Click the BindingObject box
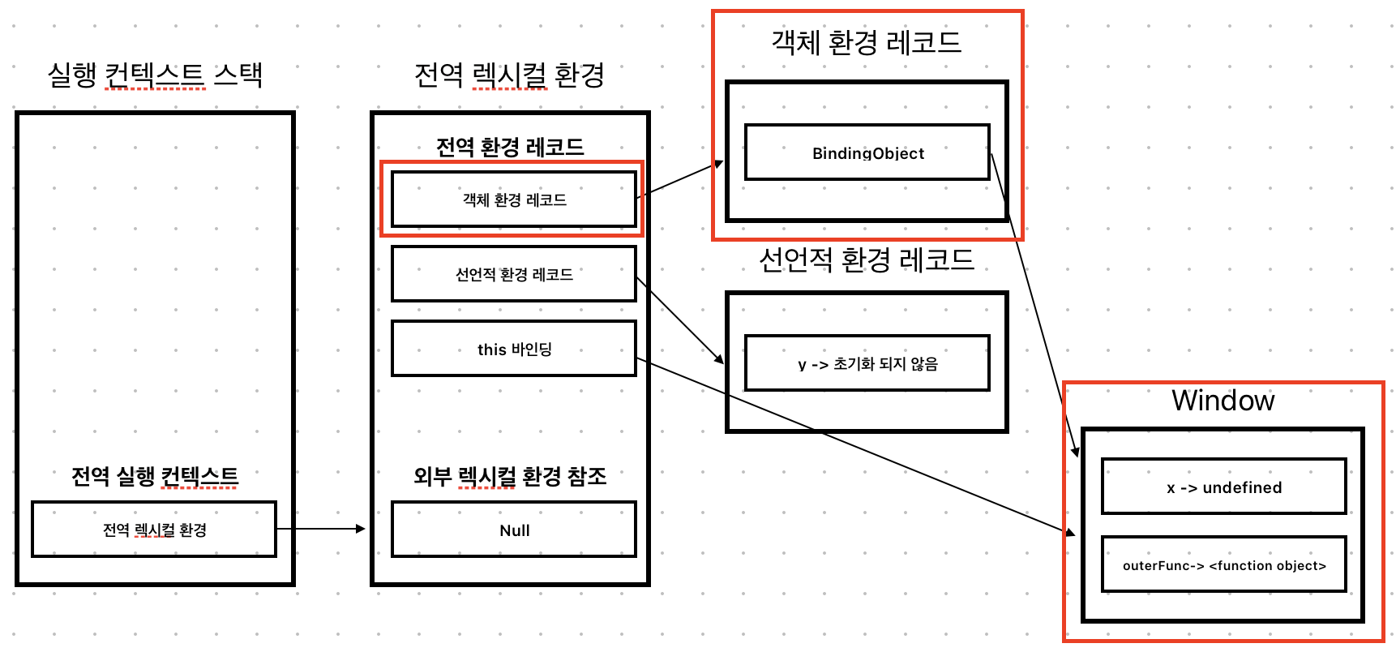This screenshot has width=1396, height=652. (867, 152)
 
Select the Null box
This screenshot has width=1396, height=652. (514, 530)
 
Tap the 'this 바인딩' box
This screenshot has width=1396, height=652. (514, 349)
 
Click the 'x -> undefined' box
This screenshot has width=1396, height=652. (1223, 487)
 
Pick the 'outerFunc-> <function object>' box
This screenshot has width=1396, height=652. (1223, 564)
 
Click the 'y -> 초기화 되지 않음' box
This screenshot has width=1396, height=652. (867, 363)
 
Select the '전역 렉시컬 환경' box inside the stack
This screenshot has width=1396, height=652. (154, 530)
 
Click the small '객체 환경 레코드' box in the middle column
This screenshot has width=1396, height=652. (514, 199)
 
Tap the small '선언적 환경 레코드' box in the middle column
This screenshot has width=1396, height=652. (514, 274)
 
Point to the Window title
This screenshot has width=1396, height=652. (1223, 401)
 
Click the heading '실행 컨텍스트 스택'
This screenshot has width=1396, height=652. (155, 75)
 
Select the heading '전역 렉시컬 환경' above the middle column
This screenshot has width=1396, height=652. (509, 75)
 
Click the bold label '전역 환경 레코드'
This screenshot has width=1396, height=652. (510, 147)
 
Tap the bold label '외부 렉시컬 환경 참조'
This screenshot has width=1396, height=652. (510, 475)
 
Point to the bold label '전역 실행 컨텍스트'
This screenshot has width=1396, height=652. (155, 475)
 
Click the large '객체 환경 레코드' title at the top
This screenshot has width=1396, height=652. (866, 42)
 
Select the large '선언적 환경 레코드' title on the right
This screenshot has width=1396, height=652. (866, 260)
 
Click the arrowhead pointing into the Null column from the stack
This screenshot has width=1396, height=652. (362, 529)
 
